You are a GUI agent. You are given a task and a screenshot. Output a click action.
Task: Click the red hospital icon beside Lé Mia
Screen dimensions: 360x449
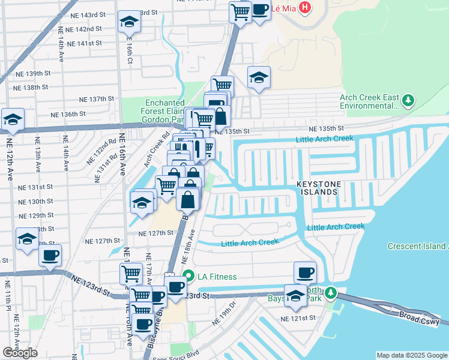[x=305, y=8]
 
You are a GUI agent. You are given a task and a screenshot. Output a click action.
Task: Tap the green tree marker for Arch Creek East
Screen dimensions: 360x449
[x=408, y=100]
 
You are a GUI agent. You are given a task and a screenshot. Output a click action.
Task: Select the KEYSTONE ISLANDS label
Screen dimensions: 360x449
[x=318, y=187]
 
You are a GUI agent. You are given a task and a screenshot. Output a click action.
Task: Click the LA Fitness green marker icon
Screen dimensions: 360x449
[x=188, y=277]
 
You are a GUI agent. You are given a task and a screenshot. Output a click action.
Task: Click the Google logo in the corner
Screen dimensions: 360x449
[x=20, y=353]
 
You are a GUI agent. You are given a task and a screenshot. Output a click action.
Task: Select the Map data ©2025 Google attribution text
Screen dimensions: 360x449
[x=412, y=355]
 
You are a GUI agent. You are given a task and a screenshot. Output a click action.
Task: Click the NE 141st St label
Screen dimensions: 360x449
[x=84, y=44]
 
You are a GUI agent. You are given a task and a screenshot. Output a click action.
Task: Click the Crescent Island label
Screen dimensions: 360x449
[x=417, y=246]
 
